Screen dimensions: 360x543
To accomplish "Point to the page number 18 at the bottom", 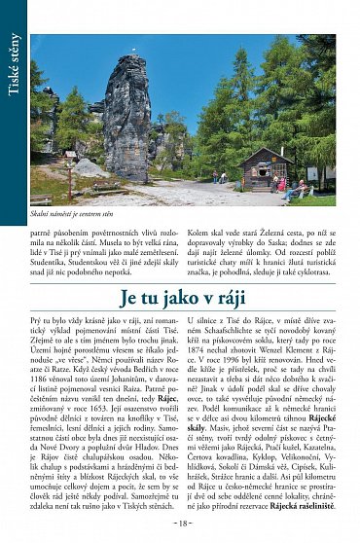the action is [x=182, y=524].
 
